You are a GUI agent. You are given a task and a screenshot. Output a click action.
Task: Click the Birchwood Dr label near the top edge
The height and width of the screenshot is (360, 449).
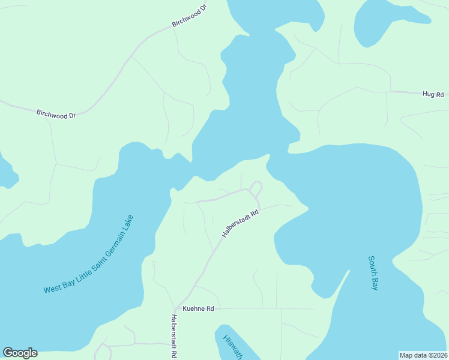click(x=188, y=16)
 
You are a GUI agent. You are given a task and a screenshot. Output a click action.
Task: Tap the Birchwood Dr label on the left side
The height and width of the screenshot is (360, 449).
click(x=56, y=113)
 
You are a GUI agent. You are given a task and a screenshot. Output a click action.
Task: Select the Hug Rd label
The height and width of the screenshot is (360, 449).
click(x=432, y=94)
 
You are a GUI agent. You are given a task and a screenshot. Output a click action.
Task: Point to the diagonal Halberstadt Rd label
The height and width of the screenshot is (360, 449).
click(x=240, y=223)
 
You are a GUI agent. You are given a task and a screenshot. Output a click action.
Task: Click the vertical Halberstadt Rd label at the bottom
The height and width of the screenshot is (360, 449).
click(x=173, y=335)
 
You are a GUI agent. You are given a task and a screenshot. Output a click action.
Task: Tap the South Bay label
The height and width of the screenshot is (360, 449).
click(x=373, y=273)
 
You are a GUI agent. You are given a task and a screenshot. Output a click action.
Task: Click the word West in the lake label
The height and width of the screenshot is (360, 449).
click(x=52, y=289)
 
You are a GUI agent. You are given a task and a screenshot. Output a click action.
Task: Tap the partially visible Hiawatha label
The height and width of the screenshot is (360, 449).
click(x=232, y=347)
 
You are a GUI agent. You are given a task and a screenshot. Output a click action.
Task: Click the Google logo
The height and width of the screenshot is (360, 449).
click(x=20, y=353)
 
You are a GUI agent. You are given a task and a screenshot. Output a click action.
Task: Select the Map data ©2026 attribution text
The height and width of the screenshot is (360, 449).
click(x=423, y=355)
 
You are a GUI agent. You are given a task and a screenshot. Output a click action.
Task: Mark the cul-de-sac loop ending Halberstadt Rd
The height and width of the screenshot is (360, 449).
click(x=256, y=187)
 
